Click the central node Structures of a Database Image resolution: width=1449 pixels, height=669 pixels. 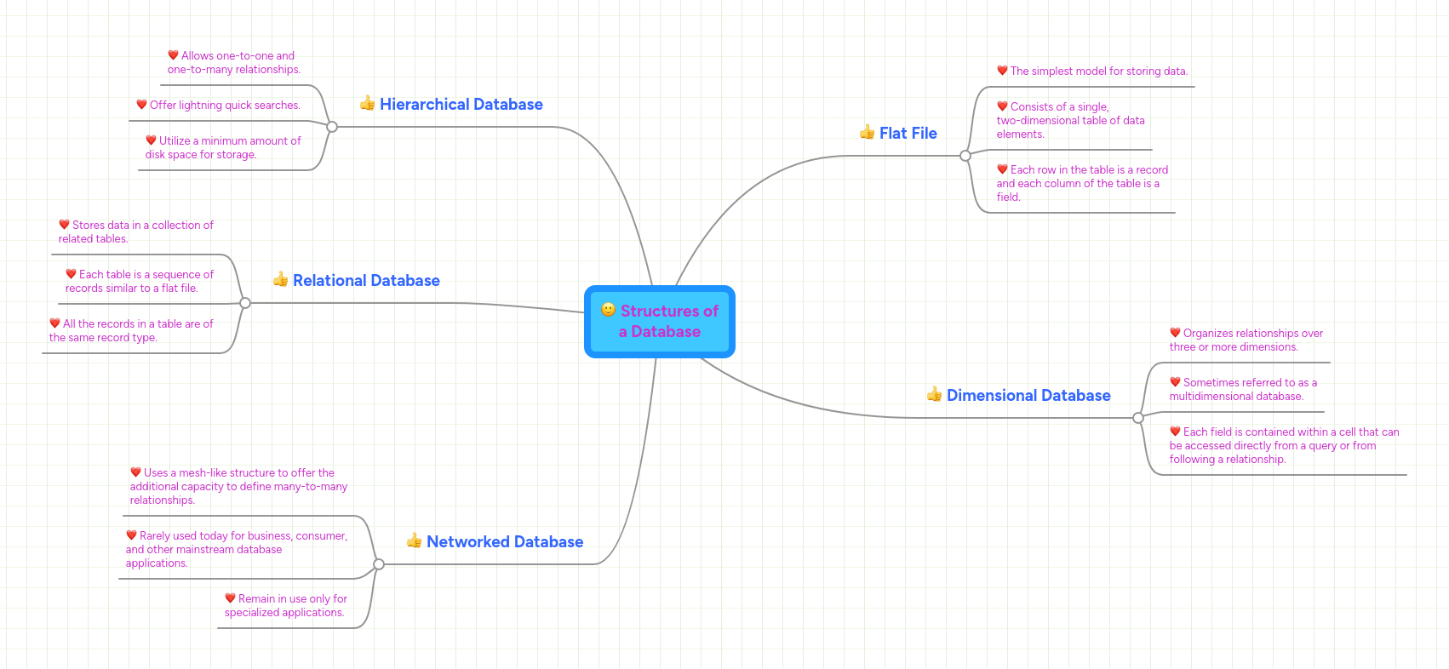tap(660, 322)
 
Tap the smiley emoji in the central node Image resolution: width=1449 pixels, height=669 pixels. tap(608, 310)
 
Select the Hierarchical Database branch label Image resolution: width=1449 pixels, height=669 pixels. tap(461, 105)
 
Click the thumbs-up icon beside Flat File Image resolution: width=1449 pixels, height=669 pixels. tap(867, 132)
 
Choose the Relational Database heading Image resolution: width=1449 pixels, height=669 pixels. tap(366, 281)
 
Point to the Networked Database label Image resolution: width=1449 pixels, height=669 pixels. tap(504, 542)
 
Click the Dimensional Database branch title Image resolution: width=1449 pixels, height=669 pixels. tap(1028, 396)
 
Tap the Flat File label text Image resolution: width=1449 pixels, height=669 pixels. tap(908, 134)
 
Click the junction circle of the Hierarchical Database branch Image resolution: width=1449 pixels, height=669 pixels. tap(332, 127)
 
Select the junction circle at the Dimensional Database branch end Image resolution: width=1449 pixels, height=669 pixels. tap(1138, 418)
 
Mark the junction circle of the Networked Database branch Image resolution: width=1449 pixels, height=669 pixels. tap(379, 564)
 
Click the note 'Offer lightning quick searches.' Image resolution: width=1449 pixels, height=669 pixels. tap(225, 106)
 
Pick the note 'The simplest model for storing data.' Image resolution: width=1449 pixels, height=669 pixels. tap(1098, 71)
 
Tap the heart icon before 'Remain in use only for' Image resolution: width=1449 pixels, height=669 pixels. tap(230, 598)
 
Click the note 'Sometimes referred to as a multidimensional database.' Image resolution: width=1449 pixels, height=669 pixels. tap(1242, 390)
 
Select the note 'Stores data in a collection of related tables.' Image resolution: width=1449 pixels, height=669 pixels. tap(135, 232)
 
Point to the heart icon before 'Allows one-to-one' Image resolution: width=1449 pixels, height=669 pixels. tap(173, 55)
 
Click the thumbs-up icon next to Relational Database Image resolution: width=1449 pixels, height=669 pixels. tap(280, 279)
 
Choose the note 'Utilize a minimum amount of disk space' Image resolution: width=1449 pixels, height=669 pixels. tap(222, 148)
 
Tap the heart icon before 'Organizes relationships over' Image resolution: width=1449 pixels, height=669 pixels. tap(1175, 333)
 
